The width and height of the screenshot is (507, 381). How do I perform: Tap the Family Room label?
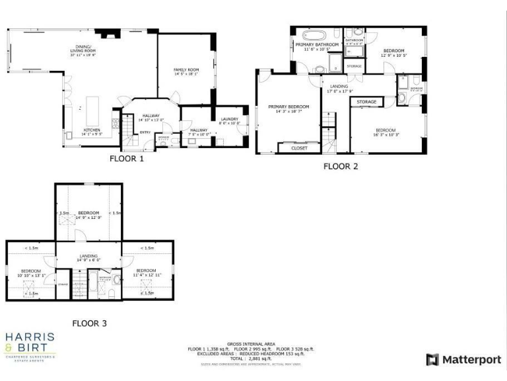(186, 71)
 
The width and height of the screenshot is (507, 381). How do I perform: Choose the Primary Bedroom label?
(288, 108)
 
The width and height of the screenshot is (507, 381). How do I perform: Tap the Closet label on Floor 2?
(299, 149)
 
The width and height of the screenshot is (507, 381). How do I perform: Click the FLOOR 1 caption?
(127, 159)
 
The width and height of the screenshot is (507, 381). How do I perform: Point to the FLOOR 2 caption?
(341, 167)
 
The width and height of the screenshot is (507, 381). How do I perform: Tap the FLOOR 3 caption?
(89, 323)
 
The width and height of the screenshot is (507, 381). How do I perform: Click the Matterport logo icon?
(432, 360)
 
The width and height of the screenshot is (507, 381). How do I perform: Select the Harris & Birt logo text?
(30, 344)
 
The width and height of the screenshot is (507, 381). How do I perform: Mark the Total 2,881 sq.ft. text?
(251, 358)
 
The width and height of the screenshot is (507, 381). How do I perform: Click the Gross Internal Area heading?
(251, 344)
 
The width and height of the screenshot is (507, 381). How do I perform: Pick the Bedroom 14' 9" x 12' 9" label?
(88, 214)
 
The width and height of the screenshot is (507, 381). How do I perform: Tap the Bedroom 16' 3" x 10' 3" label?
(388, 132)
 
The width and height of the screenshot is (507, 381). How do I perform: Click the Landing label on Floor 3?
(88, 257)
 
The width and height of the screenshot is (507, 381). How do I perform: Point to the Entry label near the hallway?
(144, 132)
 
